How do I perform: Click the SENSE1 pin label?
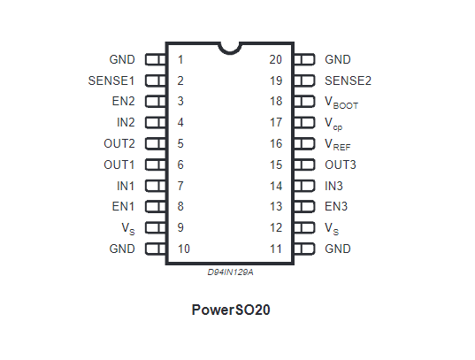(x=111, y=80)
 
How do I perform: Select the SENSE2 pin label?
(x=348, y=80)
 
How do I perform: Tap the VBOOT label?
(x=341, y=103)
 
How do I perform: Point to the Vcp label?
(x=333, y=124)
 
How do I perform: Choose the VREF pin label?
(x=338, y=144)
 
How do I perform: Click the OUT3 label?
(x=341, y=165)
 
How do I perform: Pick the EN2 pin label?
(x=123, y=101)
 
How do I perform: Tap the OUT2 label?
(x=119, y=143)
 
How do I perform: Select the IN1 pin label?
(x=126, y=186)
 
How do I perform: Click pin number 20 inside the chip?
(x=276, y=59)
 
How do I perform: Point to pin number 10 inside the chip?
(x=184, y=249)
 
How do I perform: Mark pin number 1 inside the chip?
(x=180, y=59)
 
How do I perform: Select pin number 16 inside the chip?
(x=276, y=143)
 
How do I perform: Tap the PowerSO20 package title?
(x=231, y=310)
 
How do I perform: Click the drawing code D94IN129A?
(x=230, y=272)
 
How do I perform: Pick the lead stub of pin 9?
(x=156, y=227)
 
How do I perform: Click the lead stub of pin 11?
(x=304, y=249)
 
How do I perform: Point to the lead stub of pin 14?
(x=304, y=186)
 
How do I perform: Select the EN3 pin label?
(x=336, y=206)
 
